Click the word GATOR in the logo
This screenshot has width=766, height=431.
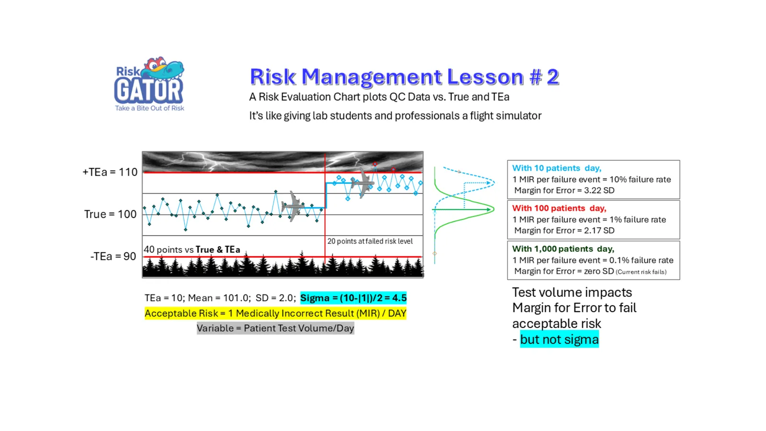pyautogui.click(x=149, y=91)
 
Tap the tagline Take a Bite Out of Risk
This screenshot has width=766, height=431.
pyautogui.click(x=149, y=108)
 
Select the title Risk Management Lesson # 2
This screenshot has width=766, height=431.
pyautogui.click(x=404, y=76)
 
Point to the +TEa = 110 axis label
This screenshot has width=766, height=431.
pyautogui.click(x=110, y=172)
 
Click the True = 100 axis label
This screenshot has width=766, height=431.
pyautogui.click(x=110, y=214)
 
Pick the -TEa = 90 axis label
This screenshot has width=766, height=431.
pyautogui.click(x=113, y=256)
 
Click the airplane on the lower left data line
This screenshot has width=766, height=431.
pyautogui.click(x=293, y=206)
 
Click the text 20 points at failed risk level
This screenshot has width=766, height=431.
pyautogui.click(x=370, y=241)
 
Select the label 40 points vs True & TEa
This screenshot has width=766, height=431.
pyautogui.click(x=192, y=250)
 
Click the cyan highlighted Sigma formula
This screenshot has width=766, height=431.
pyautogui.click(x=353, y=298)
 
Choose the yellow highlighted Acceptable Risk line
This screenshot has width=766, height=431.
pyautogui.click(x=275, y=313)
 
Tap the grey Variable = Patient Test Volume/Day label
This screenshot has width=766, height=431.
pyautogui.click(x=275, y=328)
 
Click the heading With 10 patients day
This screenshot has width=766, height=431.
pyautogui.click(x=556, y=168)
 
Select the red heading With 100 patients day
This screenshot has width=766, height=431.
pyautogui.click(x=559, y=208)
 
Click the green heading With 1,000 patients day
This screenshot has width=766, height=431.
pyautogui.click(x=563, y=249)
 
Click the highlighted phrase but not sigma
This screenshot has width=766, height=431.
pyautogui.click(x=559, y=340)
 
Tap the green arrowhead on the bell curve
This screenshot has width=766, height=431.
pyautogui.click(x=491, y=209)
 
